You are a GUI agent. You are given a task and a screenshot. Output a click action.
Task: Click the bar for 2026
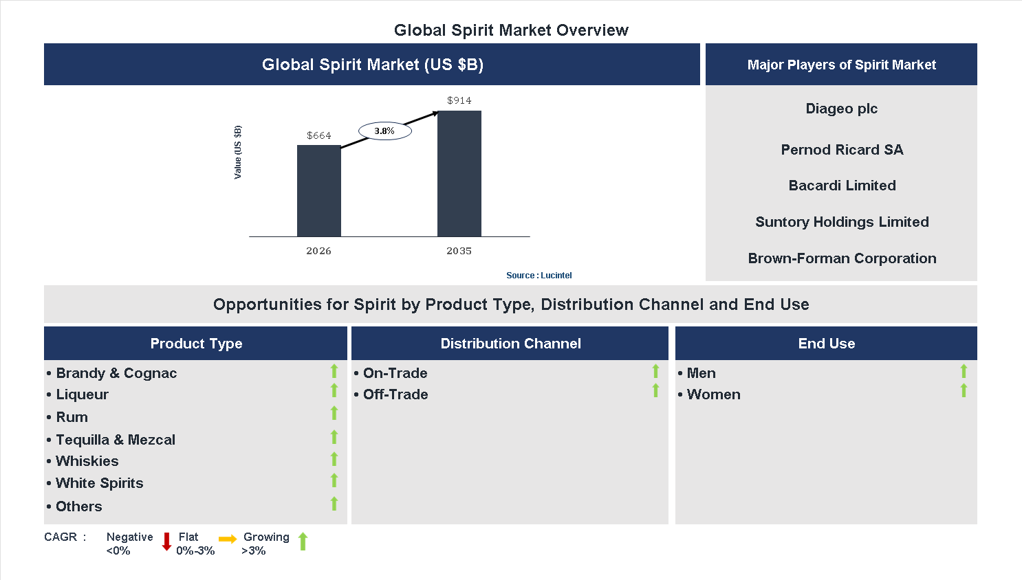tap(318, 191)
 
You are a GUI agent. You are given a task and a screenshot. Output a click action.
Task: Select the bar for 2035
tap(459, 174)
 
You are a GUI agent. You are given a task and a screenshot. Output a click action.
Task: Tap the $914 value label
tap(459, 100)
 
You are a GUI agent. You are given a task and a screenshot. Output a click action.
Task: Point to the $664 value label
tap(318, 135)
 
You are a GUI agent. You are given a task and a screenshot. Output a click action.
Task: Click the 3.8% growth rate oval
tap(384, 131)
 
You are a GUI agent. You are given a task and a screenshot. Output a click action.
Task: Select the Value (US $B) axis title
tap(238, 153)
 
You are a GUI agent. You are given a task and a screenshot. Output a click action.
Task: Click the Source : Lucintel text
tap(539, 276)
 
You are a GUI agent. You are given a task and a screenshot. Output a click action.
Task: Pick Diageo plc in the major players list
tap(841, 109)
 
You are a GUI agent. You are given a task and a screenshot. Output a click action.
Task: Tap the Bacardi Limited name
tap(842, 186)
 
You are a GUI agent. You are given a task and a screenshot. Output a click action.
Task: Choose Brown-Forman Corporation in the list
tap(842, 258)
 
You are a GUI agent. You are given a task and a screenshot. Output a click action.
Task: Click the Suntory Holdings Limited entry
tap(842, 222)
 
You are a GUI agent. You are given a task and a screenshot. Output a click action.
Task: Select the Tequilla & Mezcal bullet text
tap(116, 440)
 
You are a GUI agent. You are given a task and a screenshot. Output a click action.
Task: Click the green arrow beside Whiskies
tap(334, 459)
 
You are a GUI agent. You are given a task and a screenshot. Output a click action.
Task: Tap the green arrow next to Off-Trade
tap(655, 391)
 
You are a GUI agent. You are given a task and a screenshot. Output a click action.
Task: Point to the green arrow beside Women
tap(964, 391)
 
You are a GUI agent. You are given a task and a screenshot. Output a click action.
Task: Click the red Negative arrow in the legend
tap(166, 542)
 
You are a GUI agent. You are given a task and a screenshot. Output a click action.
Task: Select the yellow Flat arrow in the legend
tap(228, 539)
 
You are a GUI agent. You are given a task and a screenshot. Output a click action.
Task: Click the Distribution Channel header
tap(510, 344)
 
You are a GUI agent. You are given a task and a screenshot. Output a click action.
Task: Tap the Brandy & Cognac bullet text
tap(116, 373)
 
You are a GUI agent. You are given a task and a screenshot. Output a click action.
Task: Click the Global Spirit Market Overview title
tap(511, 30)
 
